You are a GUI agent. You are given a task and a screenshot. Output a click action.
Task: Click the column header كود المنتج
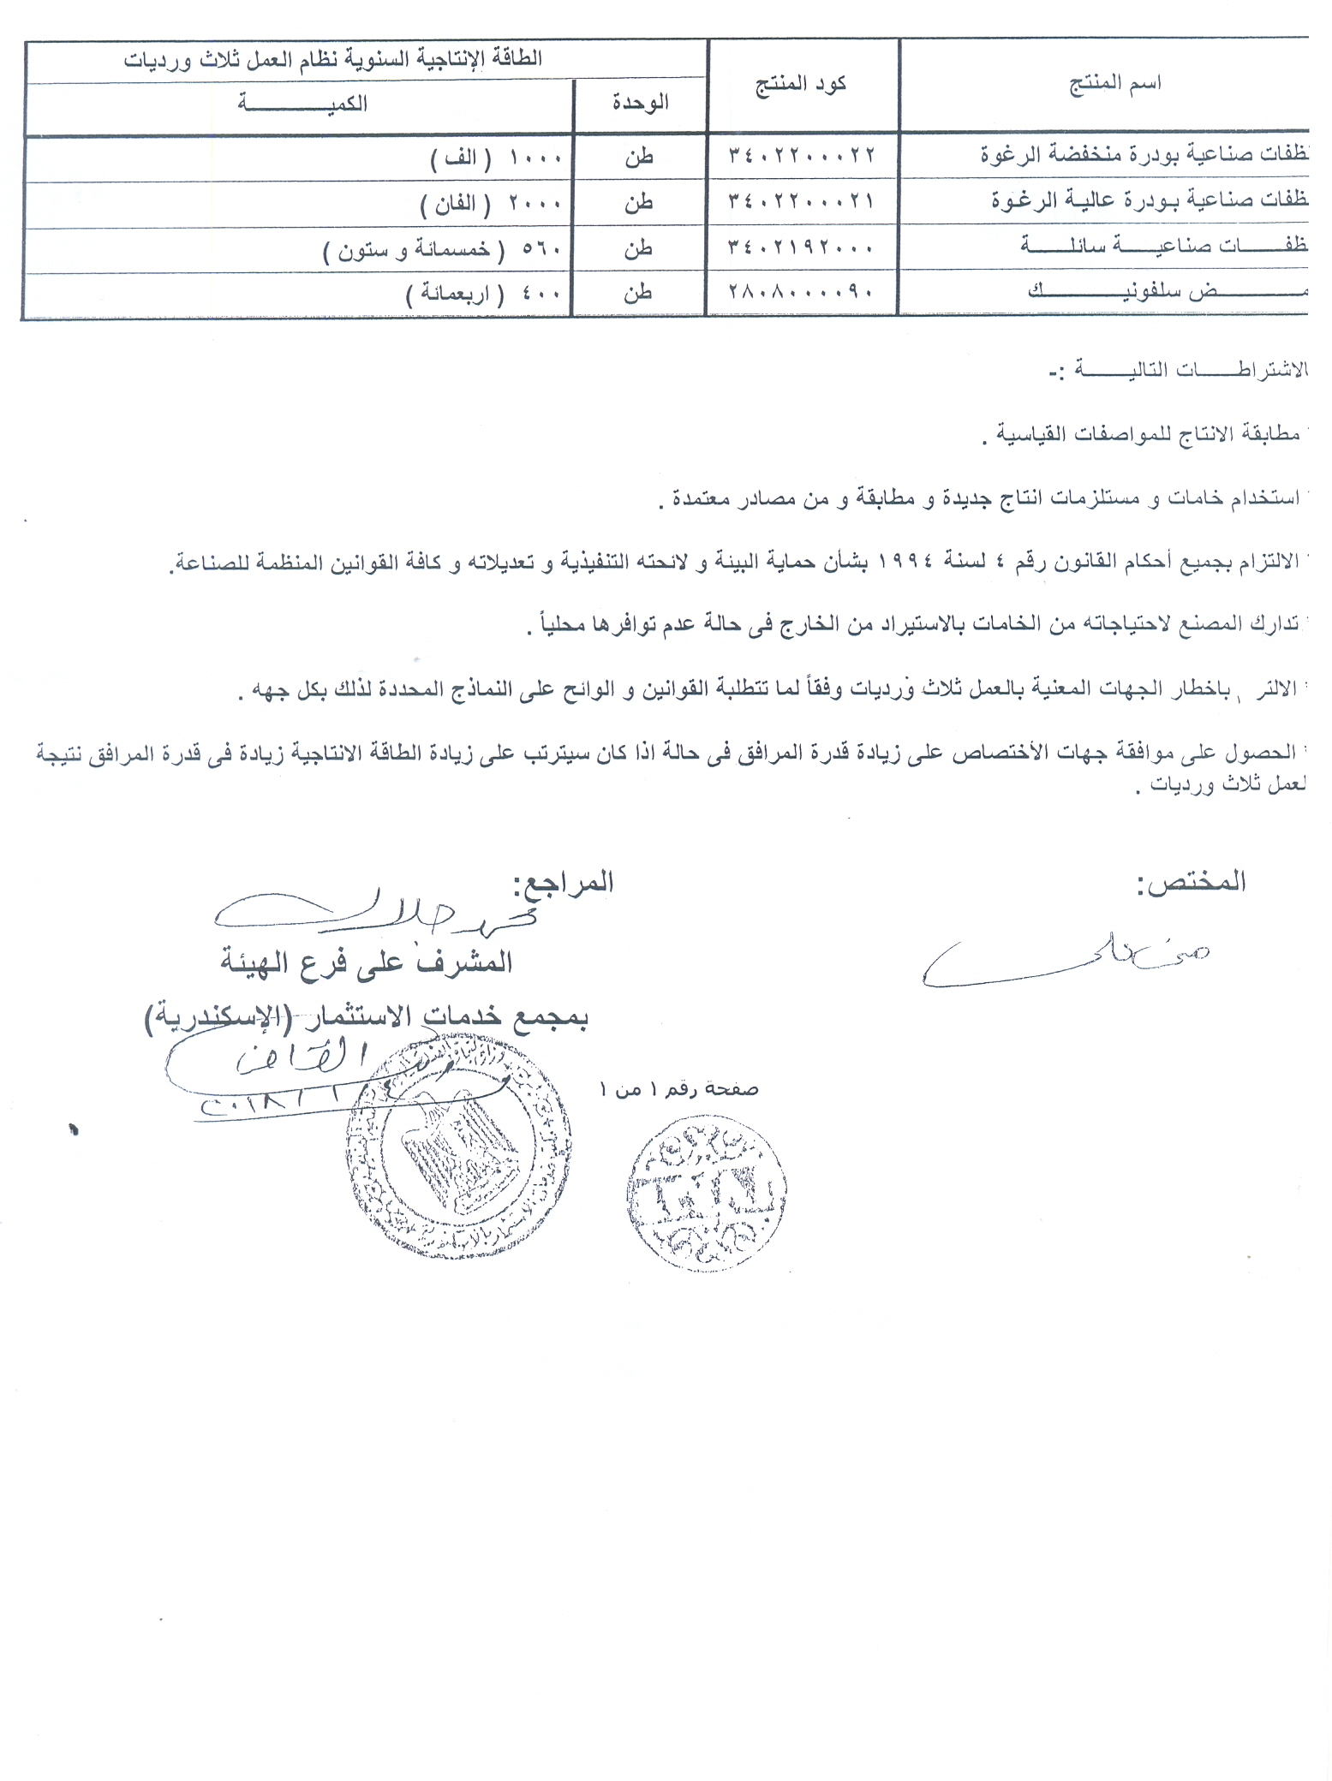pos(801,84)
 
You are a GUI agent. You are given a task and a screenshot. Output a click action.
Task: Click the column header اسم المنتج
pos(1114,83)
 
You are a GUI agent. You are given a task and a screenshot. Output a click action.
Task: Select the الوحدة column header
pos(640,104)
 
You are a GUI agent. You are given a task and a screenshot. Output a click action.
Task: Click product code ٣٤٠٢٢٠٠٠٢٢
pos(802,156)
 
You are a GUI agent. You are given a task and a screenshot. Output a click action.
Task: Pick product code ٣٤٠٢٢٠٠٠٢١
pos(802,202)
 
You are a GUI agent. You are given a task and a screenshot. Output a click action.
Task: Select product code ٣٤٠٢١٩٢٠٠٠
pos(802,248)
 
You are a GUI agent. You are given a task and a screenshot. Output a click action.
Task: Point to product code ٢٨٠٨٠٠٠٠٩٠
pos(802,293)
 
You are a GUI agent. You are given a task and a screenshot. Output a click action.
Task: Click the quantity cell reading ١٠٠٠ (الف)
pos(496,158)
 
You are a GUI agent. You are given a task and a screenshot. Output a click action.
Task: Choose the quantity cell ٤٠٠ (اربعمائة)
pos(483,295)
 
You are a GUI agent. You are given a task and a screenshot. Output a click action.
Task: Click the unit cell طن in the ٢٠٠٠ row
pos(639,202)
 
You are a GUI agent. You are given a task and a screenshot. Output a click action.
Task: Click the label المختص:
pos(1192,883)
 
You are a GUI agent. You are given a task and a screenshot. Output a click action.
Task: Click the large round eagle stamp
pos(458,1147)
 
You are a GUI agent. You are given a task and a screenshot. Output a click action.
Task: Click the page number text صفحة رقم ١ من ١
pos(679,1090)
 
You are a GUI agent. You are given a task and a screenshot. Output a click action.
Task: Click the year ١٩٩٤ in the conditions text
pos(901,561)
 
